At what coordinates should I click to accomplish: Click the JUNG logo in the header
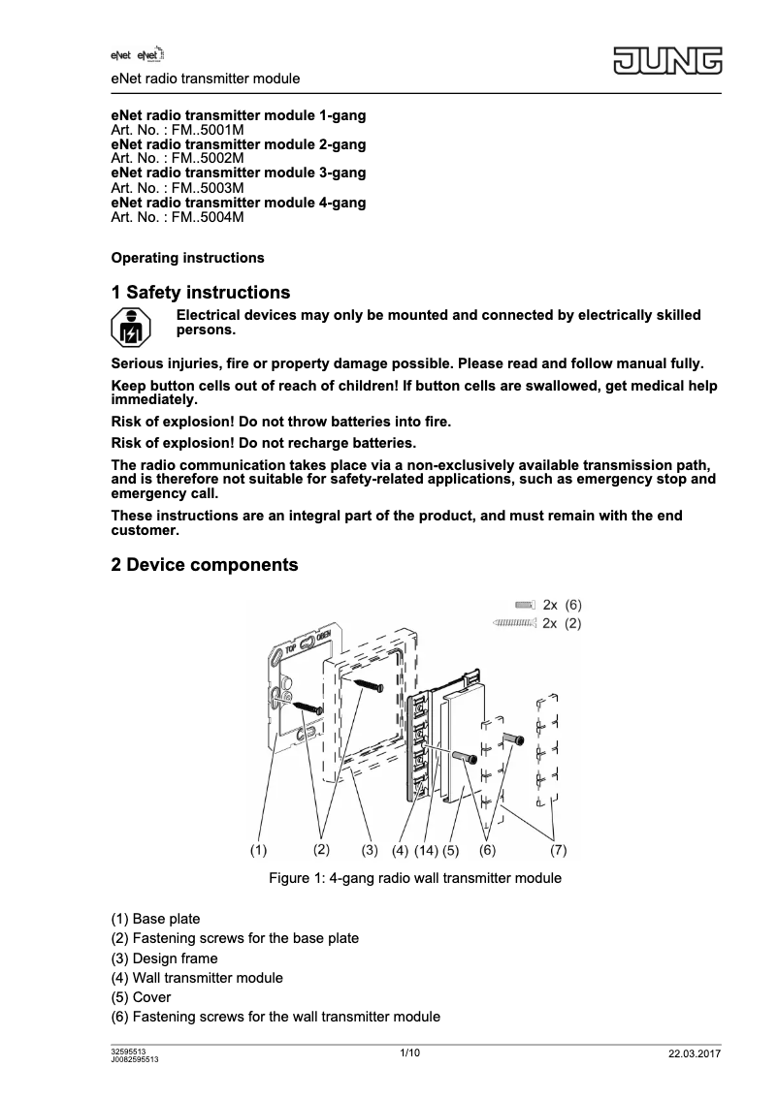(x=666, y=63)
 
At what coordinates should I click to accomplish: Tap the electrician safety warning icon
(x=129, y=326)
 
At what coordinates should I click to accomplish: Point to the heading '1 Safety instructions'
(x=201, y=293)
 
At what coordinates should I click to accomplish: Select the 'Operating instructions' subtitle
(x=187, y=258)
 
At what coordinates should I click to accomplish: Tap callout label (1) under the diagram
(x=258, y=850)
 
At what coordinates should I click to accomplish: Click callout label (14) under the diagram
(x=426, y=851)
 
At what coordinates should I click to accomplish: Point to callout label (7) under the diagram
(x=558, y=850)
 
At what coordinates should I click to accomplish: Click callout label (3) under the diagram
(x=369, y=851)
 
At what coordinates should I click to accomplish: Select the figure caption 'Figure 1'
(x=414, y=879)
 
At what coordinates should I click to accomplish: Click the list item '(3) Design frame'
(x=164, y=958)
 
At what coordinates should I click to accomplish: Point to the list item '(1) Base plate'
(x=156, y=919)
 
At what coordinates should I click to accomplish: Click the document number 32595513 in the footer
(x=129, y=1051)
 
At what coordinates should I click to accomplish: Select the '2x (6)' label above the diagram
(x=562, y=604)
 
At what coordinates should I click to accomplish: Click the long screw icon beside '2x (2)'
(x=514, y=623)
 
